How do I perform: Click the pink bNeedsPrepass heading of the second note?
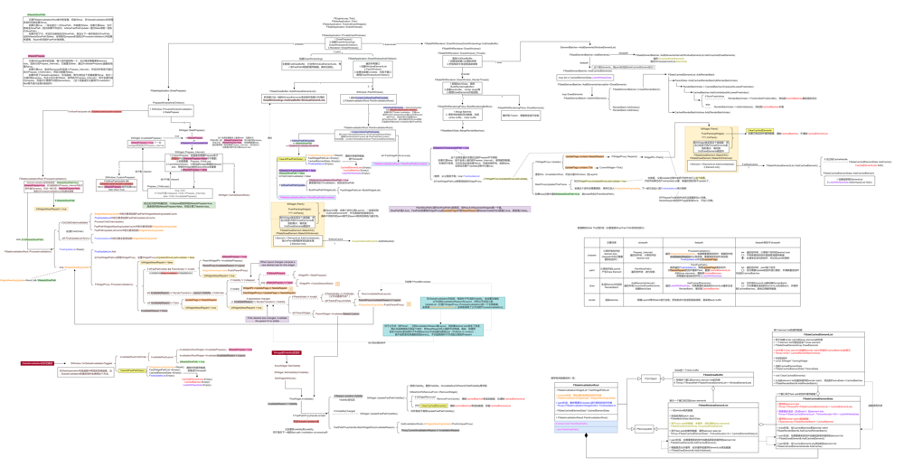pyautogui.click(x=36, y=56)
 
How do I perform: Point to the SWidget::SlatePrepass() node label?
pyautogui.click(x=191, y=130)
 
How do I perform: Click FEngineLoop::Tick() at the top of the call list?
pyautogui.click(x=344, y=17)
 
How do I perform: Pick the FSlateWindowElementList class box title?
pyautogui.click(x=714, y=406)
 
